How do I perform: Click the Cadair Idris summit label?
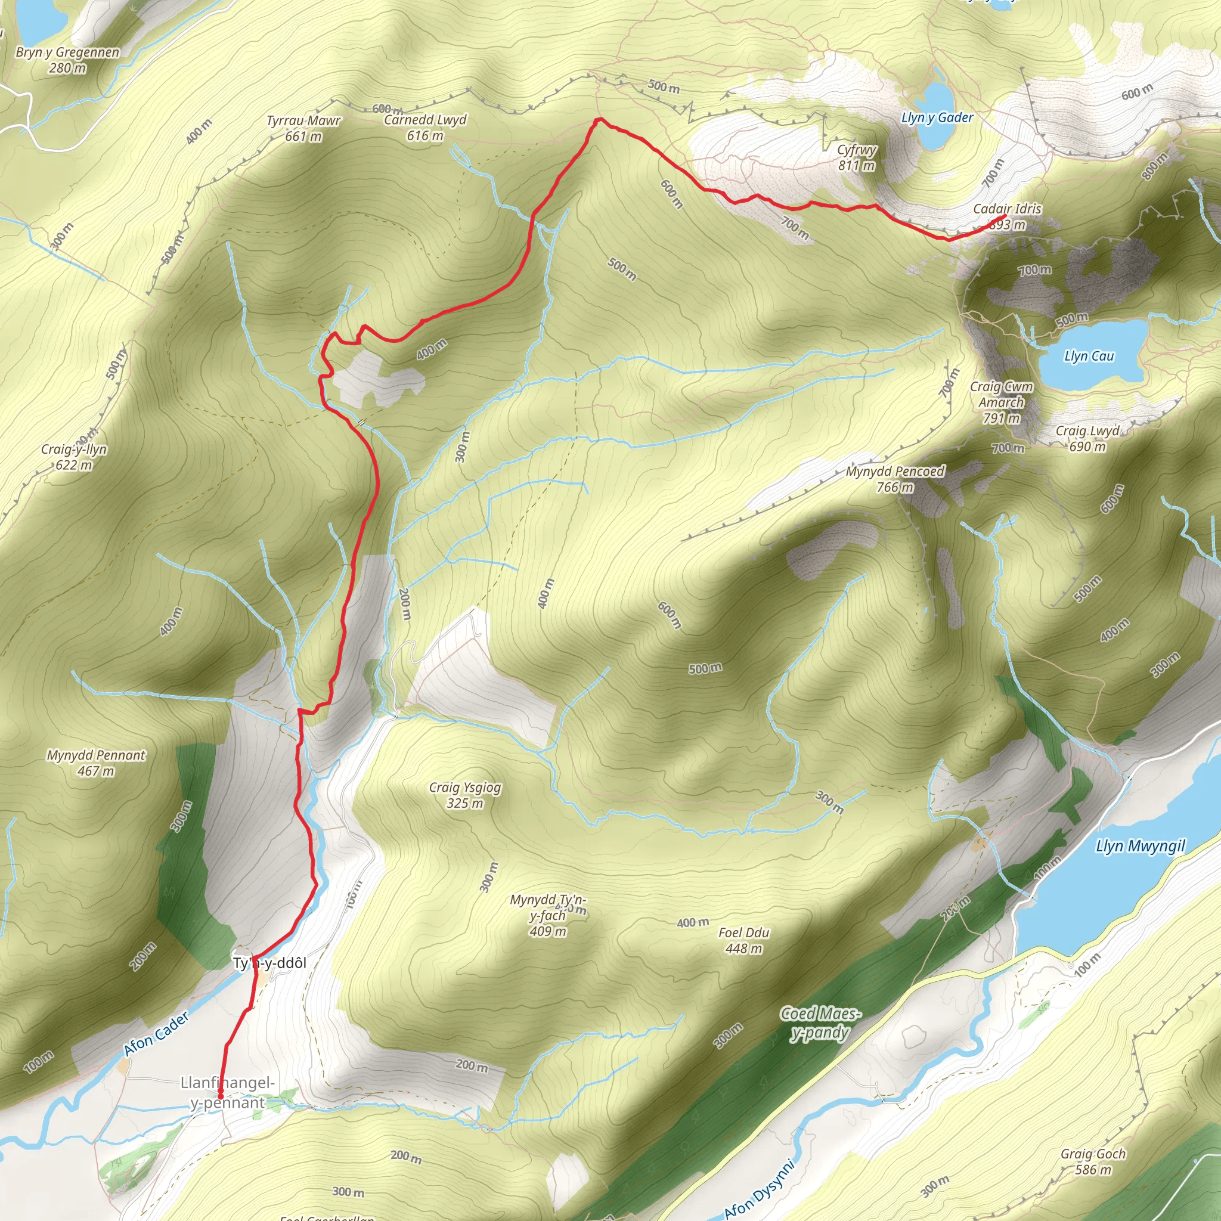1007,216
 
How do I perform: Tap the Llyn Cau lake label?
1089,357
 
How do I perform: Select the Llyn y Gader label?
937,117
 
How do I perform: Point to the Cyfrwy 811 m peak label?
856,157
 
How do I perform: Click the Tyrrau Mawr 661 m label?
303,128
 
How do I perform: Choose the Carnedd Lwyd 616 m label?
425,127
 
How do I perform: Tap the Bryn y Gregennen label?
67,60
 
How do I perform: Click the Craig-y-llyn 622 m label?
74,457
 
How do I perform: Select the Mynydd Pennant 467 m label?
96,763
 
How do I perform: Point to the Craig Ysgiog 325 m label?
464,795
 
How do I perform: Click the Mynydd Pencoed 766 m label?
895,479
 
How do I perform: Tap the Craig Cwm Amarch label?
1001,402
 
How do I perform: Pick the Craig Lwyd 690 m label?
1087,439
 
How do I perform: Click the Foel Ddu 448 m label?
744,940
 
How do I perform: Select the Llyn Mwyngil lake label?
1140,846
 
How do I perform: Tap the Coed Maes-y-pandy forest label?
820,1023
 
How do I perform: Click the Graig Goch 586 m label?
1093,1161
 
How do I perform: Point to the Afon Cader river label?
156,1034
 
